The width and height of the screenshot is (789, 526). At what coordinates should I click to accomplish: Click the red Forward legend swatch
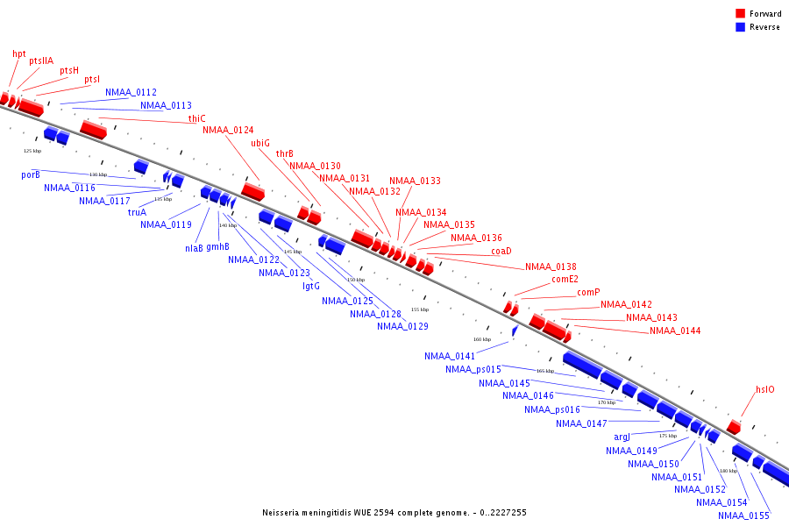(741, 14)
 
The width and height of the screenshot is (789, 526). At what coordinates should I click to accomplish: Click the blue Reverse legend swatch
(741, 27)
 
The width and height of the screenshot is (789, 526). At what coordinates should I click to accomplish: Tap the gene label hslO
(765, 389)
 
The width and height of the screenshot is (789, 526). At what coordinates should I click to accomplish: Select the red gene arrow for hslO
(734, 427)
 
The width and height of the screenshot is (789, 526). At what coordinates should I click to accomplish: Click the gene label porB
(31, 174)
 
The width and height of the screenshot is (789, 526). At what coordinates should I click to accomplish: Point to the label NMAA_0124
(228, 131)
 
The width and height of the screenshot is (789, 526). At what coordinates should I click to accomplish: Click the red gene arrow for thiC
(93, 130)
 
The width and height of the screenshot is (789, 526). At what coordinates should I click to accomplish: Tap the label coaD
(501, 251)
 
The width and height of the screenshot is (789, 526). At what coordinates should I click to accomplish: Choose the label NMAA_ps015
(473, 369)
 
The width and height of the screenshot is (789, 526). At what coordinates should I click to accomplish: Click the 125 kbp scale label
(32, 151)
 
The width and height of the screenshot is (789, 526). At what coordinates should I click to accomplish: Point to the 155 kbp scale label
(420, 309)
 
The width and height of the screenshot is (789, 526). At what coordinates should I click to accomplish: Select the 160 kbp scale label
(482, 339)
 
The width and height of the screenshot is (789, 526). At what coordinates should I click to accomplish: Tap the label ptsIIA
(41, 60)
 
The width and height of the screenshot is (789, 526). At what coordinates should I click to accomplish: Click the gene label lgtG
(311, 286)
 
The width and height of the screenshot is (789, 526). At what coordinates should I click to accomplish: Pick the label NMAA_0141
(449, 356)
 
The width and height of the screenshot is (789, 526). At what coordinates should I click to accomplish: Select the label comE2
(565, 280)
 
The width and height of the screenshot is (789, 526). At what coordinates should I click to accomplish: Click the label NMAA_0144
(675, 331)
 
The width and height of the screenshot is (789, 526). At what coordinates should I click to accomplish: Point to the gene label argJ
(622, 437)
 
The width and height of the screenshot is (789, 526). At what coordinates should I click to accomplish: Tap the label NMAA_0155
(743, 515)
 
